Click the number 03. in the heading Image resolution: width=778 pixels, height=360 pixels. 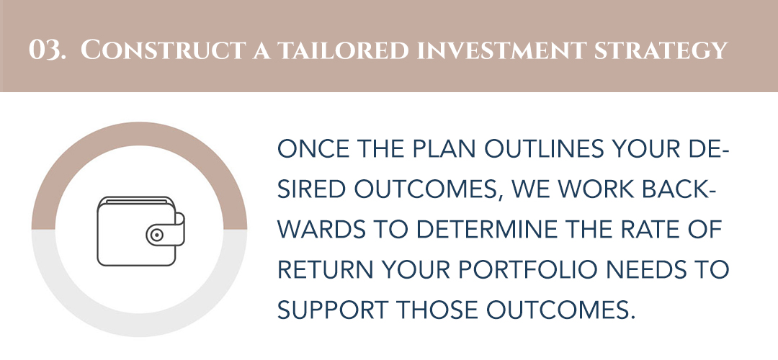[x=47, y=50]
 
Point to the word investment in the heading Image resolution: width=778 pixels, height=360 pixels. [x=501, y=50]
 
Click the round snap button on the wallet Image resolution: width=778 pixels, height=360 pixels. [x=157, y=235]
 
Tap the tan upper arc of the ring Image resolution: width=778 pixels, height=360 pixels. [x=139, y=134]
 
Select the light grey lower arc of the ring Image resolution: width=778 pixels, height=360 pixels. [x=139, y=325]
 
